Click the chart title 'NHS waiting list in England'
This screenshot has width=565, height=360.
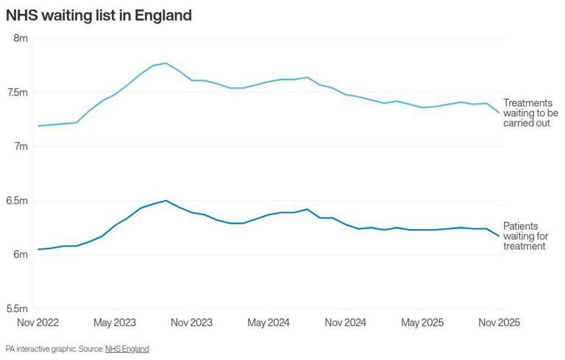point(99,15)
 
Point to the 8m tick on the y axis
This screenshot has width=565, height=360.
point(20,38)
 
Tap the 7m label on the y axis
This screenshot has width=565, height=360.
point(20,147)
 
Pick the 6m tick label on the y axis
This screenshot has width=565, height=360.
point(20,254)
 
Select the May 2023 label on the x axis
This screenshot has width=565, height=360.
point(115,322)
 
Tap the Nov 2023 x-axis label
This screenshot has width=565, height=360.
point(191,322)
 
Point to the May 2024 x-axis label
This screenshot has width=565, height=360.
point(269,322)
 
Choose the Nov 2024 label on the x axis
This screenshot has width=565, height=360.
point(345,322)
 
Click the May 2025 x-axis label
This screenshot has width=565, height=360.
point(422,322)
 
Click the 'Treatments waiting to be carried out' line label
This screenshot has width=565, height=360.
point(530,113)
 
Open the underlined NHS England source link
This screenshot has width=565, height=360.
point(127,349)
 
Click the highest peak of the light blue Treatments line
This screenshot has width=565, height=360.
point(166,63)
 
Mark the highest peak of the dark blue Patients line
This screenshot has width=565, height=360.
point(166,200)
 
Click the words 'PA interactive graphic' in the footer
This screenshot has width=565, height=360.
point(37,349)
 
